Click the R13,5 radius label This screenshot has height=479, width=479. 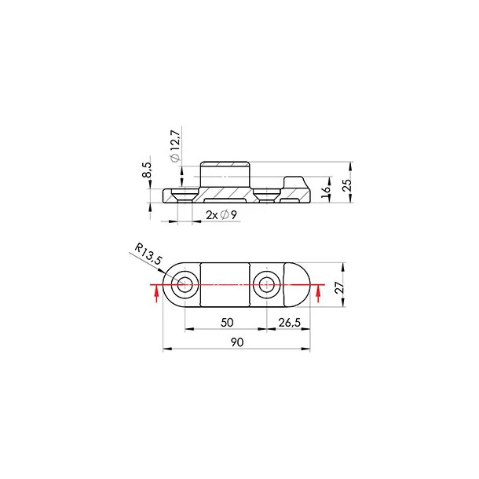148,254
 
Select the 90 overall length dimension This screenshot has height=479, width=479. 237,342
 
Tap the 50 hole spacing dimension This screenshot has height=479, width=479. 227,322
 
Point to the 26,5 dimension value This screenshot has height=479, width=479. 289,322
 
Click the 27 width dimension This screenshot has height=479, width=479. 339,287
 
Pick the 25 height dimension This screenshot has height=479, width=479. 347,185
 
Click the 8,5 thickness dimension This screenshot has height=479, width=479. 147,170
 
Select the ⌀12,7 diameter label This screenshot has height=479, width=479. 176,145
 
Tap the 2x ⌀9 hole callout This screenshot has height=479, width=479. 221,215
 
